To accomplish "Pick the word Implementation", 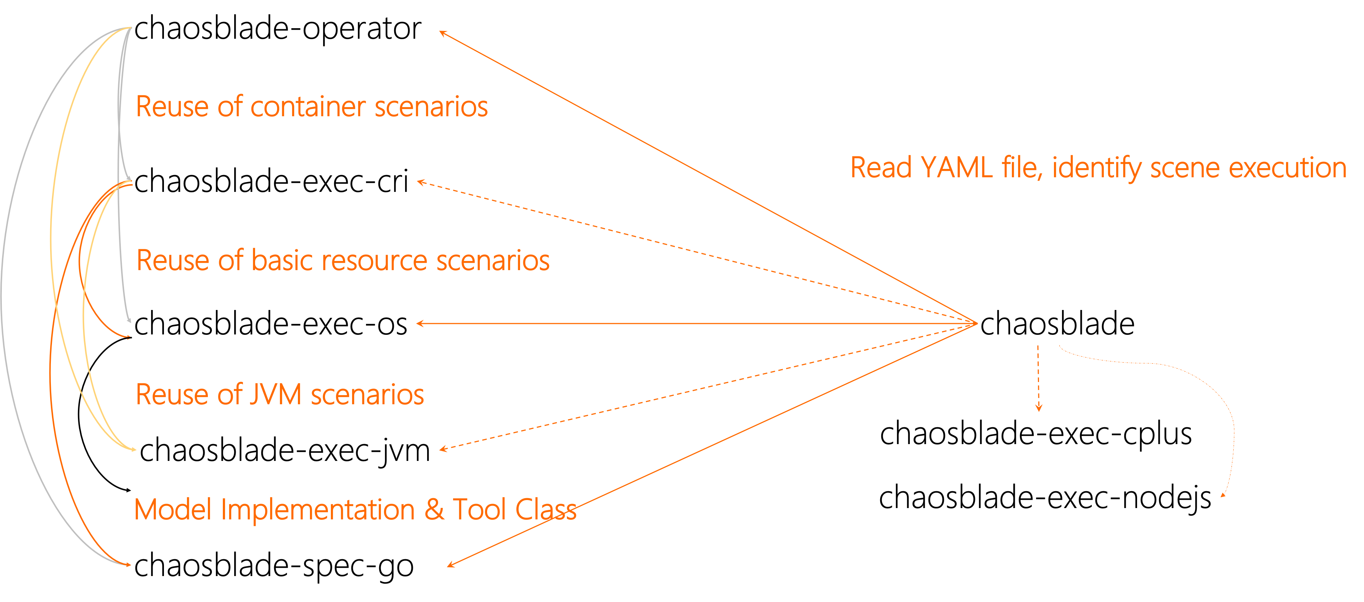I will pos(318,510).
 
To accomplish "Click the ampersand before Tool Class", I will pos(434,510).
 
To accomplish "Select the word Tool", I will pos(480,510).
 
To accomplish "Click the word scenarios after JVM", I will pos(367,395).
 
